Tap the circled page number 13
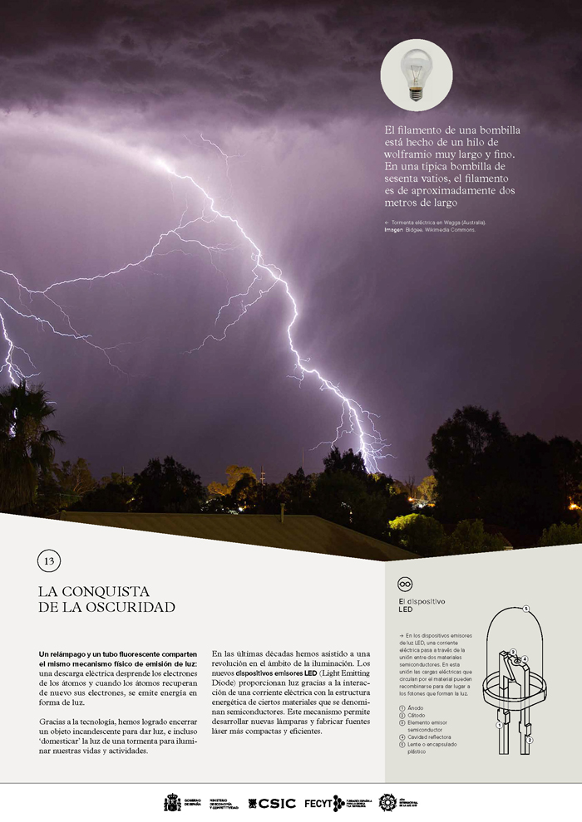click(x=49, y=561)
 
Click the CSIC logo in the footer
click(x=271, y=803)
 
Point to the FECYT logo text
click(x=318, y=803)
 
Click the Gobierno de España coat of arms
click(x=172, y=803)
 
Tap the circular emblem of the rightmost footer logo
click(x=387, y=802)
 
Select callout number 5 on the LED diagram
click(x=525, y=609)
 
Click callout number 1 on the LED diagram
click(x=499, y=725)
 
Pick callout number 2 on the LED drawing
click(x=530, y=739)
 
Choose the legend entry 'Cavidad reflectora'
click(x=432, y=736)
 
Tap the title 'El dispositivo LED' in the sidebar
click(x=422, y=604)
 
